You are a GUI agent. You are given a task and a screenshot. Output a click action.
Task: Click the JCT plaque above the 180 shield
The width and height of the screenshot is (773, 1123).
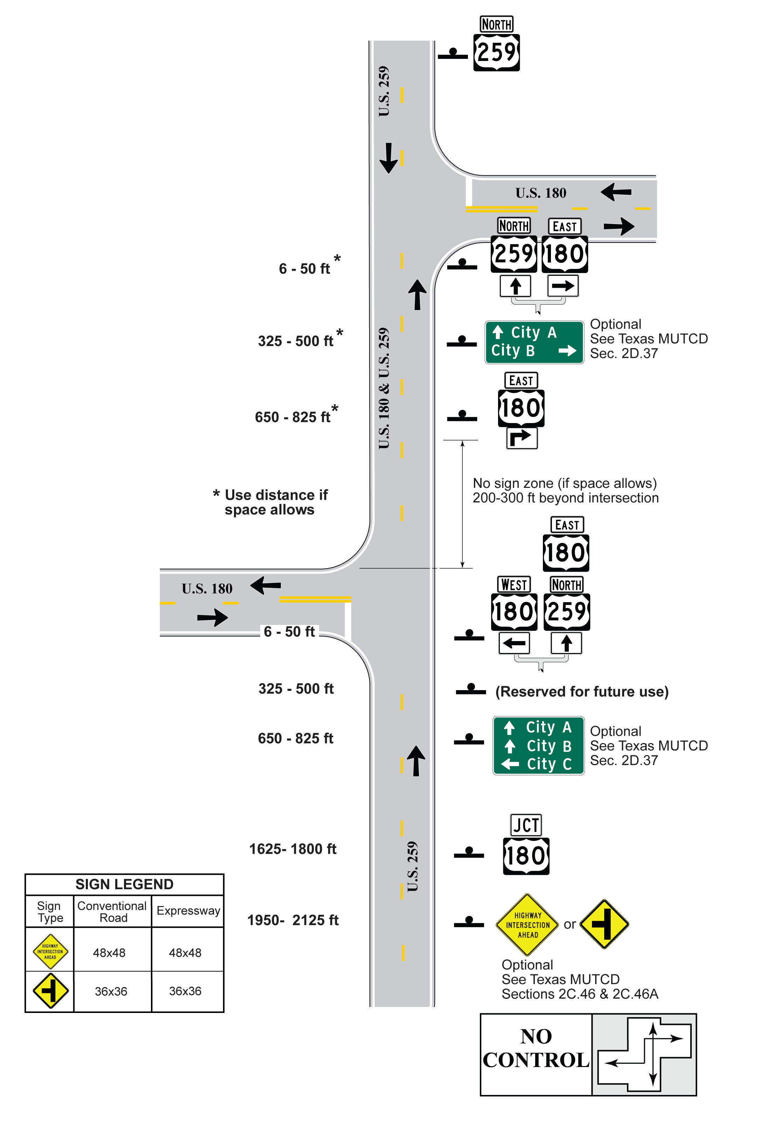pos(526,825)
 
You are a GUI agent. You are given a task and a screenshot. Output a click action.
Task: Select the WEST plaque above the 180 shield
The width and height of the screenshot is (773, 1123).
pos(514,585)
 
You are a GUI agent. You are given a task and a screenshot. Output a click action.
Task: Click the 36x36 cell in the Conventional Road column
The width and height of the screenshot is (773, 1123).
pos(111,991)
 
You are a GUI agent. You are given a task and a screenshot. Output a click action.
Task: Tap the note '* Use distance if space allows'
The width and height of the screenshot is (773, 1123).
pos(270,502)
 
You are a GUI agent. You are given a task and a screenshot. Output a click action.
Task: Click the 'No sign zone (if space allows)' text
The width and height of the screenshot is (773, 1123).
pos(565,483)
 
